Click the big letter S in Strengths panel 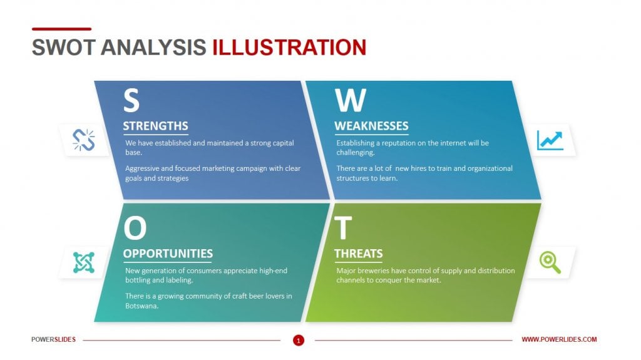(x=131, y=100)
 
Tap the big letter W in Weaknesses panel (x=351, y=100)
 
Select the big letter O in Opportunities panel (x=135, y=229)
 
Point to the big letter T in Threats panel (x=343, y=229)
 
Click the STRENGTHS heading (x=155, y=126)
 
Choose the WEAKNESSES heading (x=371, y=126)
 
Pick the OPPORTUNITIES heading (x=168, y=254)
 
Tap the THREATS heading (x=359, y=254)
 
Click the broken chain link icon (x=83, y=140)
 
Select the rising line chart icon (x=550, y=140)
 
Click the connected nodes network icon (x=83, y=262)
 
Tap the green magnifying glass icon (x=550, y=262)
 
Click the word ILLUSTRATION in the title (x=289, y=48)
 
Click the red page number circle (x=299, y=340)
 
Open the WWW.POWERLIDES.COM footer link (x=559, y=339)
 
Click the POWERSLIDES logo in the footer (x=53, y=339)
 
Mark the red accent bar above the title (x=61, y=29)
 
